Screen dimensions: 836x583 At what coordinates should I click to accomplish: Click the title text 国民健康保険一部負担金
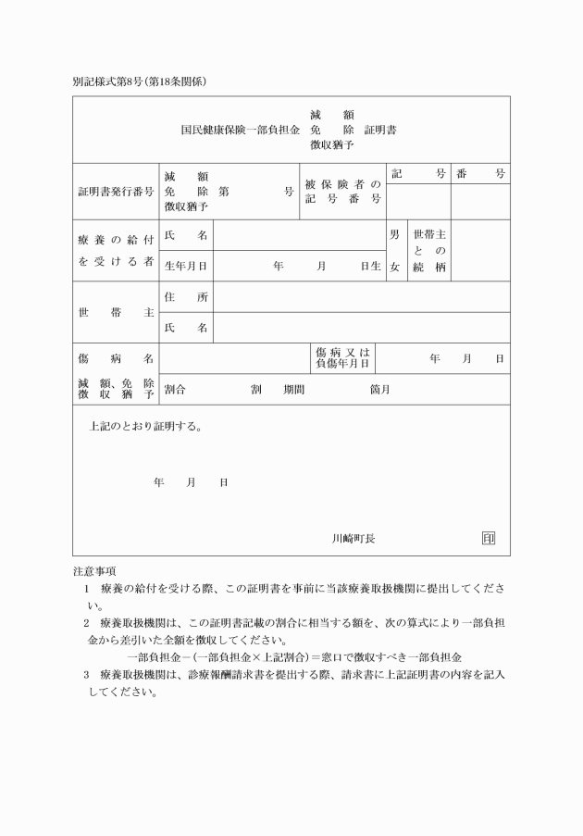[x=240, y=130]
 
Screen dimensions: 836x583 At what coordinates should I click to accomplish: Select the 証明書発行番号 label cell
[x=116, y=192]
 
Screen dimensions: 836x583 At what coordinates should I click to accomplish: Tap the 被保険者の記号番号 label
[x=342, y=192]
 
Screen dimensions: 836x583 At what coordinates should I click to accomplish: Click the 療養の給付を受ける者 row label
[x=116, y=250]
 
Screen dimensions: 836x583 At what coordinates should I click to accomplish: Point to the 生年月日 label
[x=185, y=266]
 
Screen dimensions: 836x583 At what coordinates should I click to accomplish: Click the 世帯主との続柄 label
[x=429, y=251]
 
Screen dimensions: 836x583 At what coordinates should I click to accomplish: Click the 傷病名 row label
[x=116, y=357]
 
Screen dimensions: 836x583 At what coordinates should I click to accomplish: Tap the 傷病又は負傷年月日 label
[x=342, y=357]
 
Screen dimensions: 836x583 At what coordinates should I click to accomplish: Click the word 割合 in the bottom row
[x=175, y=389]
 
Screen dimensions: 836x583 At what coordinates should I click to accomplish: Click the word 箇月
[x=379, y=389]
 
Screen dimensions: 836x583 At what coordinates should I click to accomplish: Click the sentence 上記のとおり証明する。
[x=145, y=428]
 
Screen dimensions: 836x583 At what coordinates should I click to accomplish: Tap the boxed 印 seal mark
[x=489, y=538]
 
